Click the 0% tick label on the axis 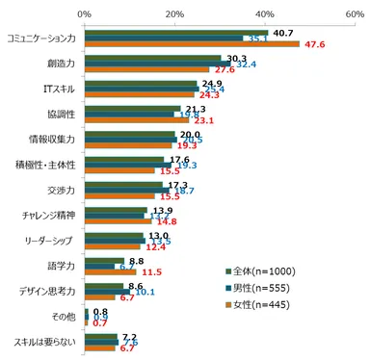point(84,14)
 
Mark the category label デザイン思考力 point(50,291)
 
